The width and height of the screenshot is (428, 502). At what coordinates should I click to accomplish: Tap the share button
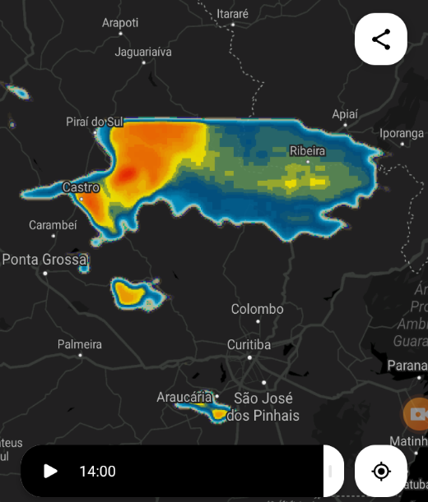pyautogui.click(x=381, y=39)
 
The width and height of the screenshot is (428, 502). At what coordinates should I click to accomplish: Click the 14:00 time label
pyautogui.click(x=97, y=472)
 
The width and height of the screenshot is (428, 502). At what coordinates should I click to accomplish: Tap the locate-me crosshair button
pyautogui.click(x=381, y=471)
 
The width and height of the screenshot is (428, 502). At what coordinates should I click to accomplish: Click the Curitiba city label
pyautogui.click(x=249, y=345)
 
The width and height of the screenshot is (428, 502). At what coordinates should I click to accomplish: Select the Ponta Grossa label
pyautogui.click(x=44, y=260)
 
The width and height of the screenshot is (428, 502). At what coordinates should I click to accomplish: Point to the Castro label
pyautogui.click(x=81, y=187)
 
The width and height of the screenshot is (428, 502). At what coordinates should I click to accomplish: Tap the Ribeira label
pyautogui.click(x=308, y=151)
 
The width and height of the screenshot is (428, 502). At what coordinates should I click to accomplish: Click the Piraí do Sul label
pyautogui.click(x=94, y=122)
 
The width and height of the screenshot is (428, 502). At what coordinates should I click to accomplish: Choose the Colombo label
pyautogui.click(x=257, y=309)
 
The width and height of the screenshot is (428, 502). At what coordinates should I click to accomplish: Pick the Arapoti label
pyautogui.click(x=120, y=23)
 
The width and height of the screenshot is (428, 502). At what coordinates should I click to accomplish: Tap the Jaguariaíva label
pyautogui.click(x=144, y=52)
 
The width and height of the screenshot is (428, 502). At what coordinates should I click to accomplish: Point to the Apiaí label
pyautogui.click(x=345, y=113)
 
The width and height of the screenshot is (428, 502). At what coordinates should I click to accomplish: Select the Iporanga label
pyautogui.click(x=402, y=133)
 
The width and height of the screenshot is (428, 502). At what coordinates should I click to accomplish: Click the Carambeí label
pyautogui.click(x=53, y=224)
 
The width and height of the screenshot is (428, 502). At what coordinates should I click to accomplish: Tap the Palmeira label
pyautogui.click(x=80, y=344)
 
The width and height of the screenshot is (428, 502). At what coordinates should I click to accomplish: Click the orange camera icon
pyautogui.click(x=417, y=413)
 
